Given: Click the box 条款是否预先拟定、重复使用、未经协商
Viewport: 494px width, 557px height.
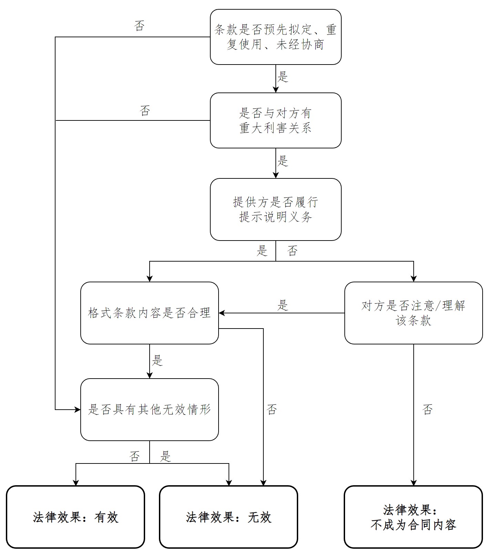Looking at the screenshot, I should [x=275, y=37].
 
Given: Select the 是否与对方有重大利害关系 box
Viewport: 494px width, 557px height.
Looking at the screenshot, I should [x=275, y=120].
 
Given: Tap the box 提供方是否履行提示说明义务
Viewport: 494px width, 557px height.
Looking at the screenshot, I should [x=275, y=209].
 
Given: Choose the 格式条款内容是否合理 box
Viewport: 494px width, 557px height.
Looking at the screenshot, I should [x=149, y=313].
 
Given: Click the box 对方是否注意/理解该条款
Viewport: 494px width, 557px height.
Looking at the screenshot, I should [x=413, y=313].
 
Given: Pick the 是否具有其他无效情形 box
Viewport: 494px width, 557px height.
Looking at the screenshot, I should [x=149, y=410].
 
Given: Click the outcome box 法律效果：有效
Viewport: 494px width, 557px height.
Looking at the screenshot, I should [x=75, y=517].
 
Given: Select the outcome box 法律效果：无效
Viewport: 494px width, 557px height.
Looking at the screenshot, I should [x=228, y=517].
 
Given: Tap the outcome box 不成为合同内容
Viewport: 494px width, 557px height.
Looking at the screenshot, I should [x=413, y=517].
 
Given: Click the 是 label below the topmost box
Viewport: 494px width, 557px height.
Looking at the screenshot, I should [x=283, y=77].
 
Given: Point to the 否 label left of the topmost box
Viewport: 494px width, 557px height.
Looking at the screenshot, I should [x=139, y=26].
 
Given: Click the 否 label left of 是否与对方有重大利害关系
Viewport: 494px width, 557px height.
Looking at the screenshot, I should [x=145, y=111].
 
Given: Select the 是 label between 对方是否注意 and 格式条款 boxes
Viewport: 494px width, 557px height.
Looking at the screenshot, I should [x=283, y=305].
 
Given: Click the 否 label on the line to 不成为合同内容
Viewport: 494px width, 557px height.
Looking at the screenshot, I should [x=427, y=410].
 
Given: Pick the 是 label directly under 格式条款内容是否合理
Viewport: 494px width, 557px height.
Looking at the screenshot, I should [x=157, y=361].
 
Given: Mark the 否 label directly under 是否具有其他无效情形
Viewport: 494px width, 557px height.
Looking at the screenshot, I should [x=134, y=457].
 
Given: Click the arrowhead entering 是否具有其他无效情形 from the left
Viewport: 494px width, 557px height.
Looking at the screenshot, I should [x=78, y=410].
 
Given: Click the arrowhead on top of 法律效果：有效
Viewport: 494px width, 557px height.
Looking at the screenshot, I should [x=75, y=483].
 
